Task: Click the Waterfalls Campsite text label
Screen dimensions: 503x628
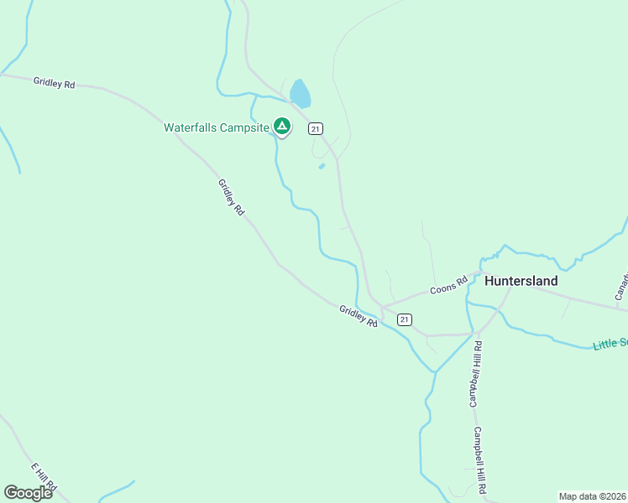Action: click(216, 128)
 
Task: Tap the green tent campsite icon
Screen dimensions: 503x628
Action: click(282, 127)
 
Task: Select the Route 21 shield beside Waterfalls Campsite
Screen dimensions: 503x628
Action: click(315, 128)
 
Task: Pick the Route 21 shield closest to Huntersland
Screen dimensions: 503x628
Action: click(405, 319)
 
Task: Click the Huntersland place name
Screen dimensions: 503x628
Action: click(521, 282)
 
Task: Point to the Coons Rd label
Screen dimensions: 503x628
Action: click(448, 287)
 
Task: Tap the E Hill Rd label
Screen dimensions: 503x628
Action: click(44, 476)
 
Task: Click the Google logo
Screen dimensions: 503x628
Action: click(28, 492)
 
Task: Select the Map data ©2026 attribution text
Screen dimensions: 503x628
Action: click(592, 496)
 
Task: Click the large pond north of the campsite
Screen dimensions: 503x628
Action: click(300, 94)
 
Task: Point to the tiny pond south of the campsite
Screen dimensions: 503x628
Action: click(322, 166)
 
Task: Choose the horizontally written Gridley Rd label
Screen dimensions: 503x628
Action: click(55, 83)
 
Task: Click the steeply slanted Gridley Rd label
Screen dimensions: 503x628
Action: click(231, 198)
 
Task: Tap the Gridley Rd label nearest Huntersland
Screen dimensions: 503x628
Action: click(358, 315)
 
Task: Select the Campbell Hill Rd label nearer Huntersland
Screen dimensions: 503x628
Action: click(475, 373)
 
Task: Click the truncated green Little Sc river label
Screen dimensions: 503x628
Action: click(610, 344)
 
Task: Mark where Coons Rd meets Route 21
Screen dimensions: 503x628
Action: click(383, 307)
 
